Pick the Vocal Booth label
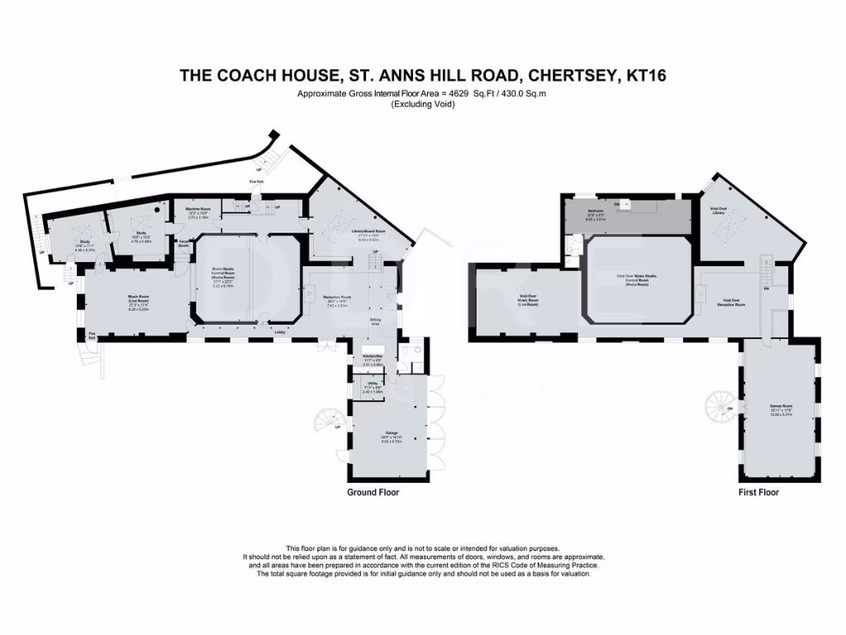click(x=184, y=244)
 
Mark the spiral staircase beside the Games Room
click(x=718, y=406)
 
